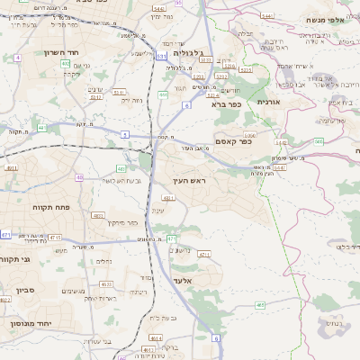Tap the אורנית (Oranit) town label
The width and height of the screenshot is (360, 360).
click(x=269, y=103)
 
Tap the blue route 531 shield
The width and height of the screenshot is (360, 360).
click(x=160, y=56)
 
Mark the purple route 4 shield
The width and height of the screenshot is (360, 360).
click(x=17, y=58)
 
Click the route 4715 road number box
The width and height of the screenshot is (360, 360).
click(x=55, y=237)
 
